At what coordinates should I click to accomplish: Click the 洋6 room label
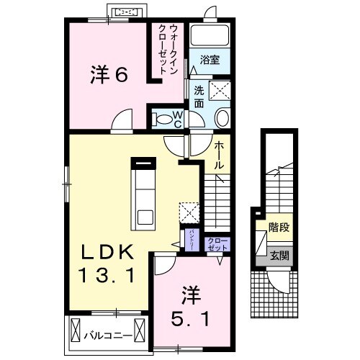point(109,73)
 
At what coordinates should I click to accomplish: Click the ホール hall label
point(218,155)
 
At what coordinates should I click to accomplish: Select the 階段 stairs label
point(279,228)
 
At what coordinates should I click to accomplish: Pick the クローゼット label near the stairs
point(216,244)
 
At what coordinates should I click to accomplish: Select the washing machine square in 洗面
point(218,91)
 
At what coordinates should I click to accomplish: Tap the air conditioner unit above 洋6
point(127,12)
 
